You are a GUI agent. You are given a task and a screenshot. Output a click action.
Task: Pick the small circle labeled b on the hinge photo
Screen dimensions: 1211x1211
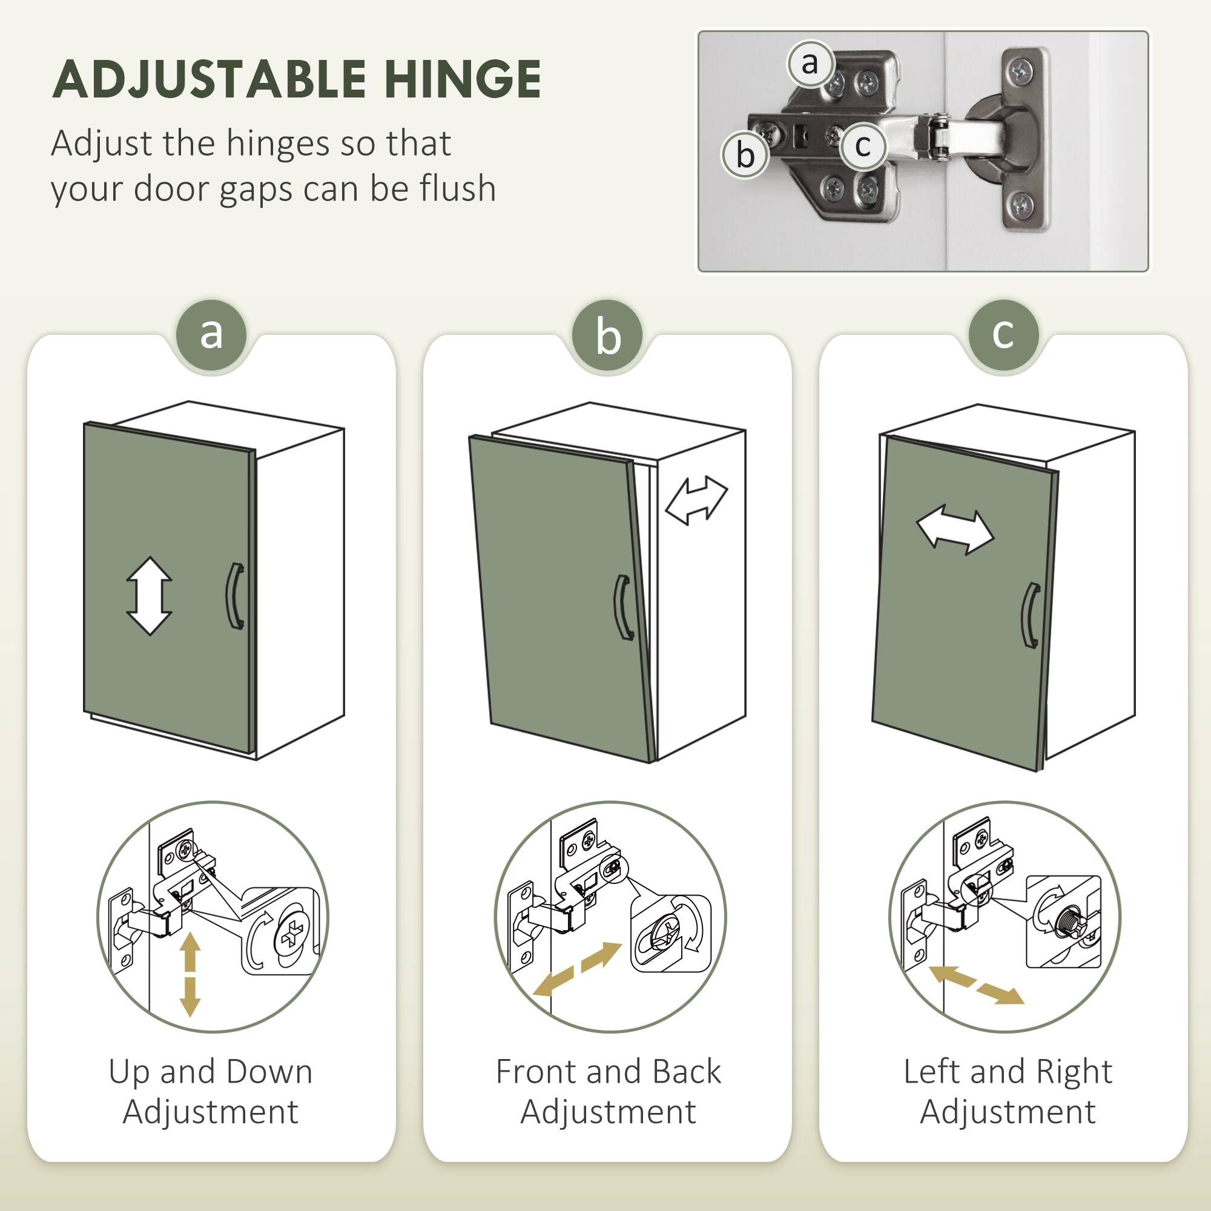coord(745,154)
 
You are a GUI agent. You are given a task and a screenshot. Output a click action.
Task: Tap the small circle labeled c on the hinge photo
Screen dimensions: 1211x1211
coord(862,146)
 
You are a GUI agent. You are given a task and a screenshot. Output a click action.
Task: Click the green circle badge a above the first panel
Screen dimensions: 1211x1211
coord(212,335)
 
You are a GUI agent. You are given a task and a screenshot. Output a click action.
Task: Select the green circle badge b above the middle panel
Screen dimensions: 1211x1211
coord(607,336)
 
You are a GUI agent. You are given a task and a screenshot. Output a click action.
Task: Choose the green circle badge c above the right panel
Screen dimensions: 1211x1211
coord(1003,335)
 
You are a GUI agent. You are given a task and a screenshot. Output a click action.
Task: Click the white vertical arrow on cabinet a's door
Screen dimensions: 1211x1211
coord(149,595)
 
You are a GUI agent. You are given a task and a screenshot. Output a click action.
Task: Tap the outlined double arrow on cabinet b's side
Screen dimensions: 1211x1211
coord(696,500)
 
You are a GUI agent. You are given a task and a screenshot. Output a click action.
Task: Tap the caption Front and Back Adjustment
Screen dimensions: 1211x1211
coord(608,1092)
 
